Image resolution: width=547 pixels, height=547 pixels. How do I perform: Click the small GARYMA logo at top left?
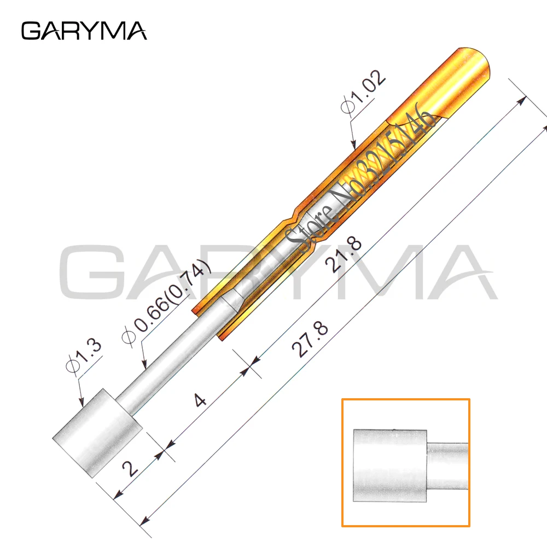pos(84,31)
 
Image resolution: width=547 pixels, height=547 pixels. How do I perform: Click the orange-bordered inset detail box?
pos(405,462)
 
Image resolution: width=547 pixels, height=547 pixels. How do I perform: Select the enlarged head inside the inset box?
pos(389,465)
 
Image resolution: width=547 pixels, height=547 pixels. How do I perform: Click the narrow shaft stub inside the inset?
pos(447,465)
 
